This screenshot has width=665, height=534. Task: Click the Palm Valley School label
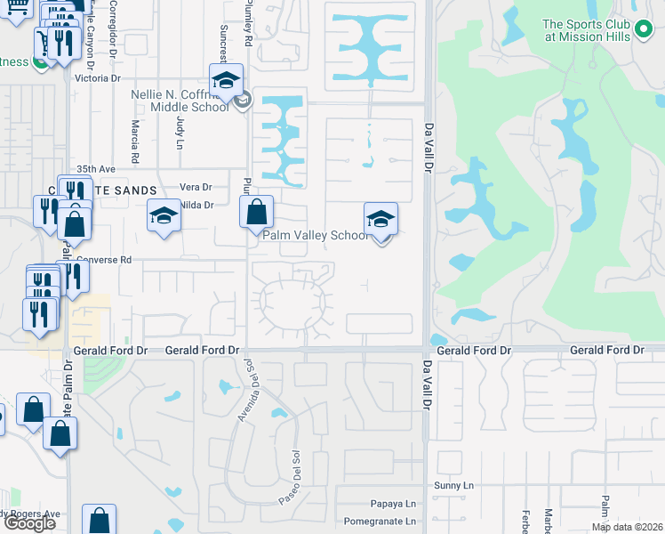point(314,236)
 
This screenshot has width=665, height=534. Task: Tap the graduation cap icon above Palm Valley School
point(381,218)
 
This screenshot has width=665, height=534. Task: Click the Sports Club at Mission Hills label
point(599,30)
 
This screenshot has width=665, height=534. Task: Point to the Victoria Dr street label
point(98,78)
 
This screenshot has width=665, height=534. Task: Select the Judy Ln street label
point(180,132)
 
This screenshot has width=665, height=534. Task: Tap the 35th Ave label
point(96,168)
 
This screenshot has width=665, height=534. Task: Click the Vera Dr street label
point(196,187)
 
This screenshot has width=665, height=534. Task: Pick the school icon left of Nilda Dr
point(164,215)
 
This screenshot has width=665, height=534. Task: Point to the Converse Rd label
point(103,260)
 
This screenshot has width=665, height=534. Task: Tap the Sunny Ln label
point(454,485)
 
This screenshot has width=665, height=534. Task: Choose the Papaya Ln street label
point(397,503)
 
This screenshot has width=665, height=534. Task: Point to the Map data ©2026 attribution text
point(626,527)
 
